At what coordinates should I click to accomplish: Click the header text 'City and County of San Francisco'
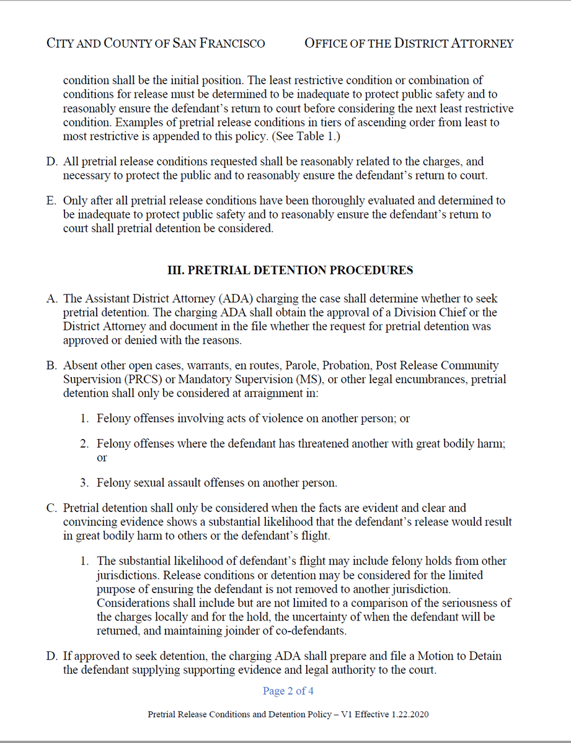[156, 43]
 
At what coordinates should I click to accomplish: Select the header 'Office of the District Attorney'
[409, 43]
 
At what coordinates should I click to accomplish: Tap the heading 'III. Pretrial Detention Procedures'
[291, 271]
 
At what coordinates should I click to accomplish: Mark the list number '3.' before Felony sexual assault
[84, 483]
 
